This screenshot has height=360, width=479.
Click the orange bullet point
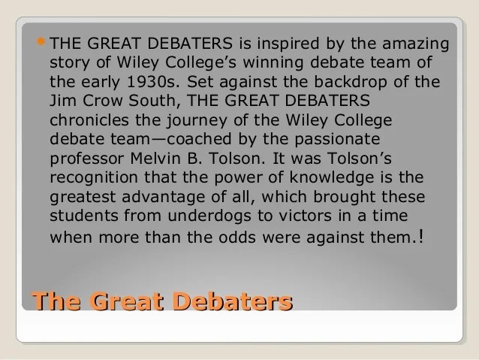pos(41,41)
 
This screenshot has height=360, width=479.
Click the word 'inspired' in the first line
pos(288,44)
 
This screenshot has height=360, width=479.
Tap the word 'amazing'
pos(416,44)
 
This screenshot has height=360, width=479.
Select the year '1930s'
pos(152,82)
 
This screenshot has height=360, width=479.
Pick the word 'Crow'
pos(102,101)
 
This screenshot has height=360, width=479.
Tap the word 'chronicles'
pos(89,120)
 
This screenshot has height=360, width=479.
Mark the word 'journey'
pos(197,121)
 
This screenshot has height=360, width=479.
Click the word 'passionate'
pos(337,140)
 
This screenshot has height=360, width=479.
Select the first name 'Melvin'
pos(155,159)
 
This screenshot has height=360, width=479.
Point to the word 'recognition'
pos(94,178)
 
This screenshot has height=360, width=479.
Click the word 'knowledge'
pos(332,178)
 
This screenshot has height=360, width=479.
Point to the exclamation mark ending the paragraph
pos(422,237)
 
